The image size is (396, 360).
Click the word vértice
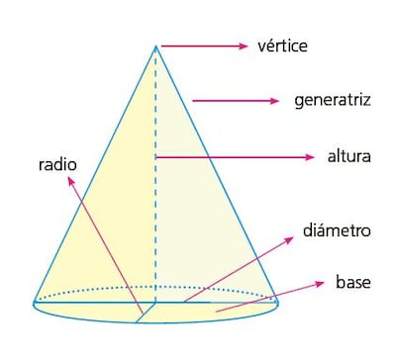click(x=283, y=45)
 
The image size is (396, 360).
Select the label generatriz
click(x=333, y=101)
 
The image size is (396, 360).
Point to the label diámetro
click(x=337, y=230)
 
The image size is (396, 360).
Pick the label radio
click(x=58, y=164)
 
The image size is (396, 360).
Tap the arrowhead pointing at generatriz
click(x=277, y=101)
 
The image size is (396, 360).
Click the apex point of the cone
click(x=155, y=45)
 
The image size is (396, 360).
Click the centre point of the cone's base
click(x=155, y=302)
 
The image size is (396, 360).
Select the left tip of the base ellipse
click(x=34, y=303)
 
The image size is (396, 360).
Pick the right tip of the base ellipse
click(x=278, y=303)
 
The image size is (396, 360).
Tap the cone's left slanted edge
click(x=95, y=173)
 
